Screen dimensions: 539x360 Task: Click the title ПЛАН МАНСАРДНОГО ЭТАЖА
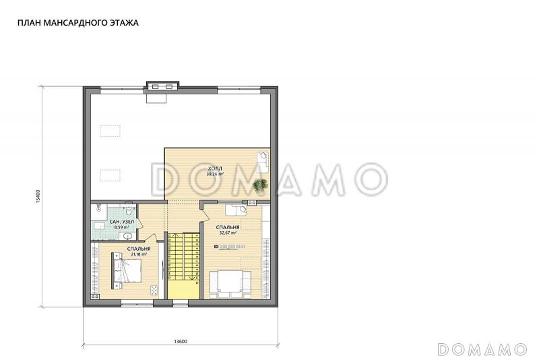click(x=78, y=23)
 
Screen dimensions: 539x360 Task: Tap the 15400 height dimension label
click(x=38, y=197)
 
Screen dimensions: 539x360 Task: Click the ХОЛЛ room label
click(x=215, y=169)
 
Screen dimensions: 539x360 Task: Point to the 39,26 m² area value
click(x=215, y=174)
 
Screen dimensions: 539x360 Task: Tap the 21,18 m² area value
click(x=139, y=254)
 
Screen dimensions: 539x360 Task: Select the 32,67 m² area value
click(x=228, y=233)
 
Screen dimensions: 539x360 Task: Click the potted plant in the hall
click(x=260, y=185)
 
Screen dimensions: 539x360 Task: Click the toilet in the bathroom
click(x=129, y=210)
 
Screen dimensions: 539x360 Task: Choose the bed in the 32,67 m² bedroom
click(x=230, y=284)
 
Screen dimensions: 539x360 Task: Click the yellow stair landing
click(x=183, y=289)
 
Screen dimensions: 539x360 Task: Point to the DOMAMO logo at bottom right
click(x=482, y=349)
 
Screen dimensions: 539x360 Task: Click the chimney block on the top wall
click(x=162, y=86)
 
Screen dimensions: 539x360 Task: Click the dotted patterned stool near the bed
click(x=154, y=290)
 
